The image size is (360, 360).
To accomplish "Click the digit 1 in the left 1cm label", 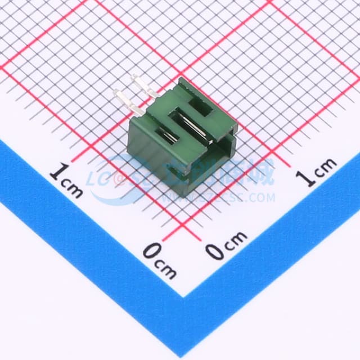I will (x=56, y=171).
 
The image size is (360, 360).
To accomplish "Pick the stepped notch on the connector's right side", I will (x=225, y=141).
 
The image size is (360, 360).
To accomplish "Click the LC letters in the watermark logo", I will (x=100, y=179).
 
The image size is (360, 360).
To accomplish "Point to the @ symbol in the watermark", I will (x=119, y=179).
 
